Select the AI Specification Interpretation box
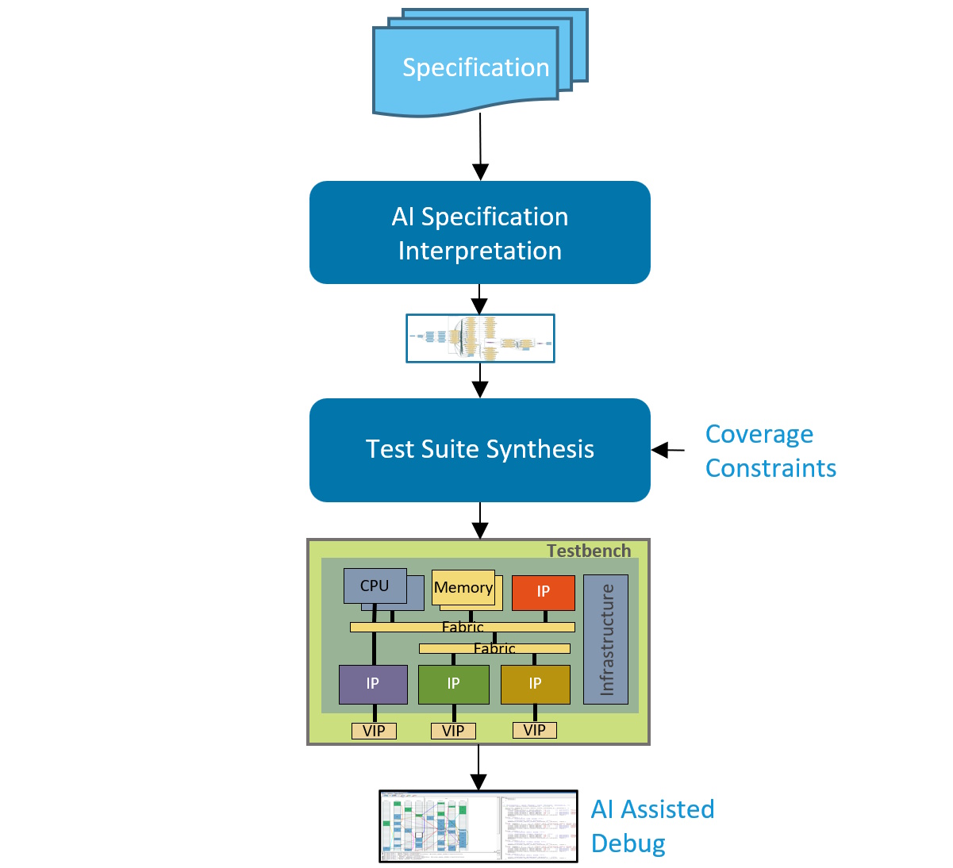pyautogui.click(x=479, y=232)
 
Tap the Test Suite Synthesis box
pyautogui.click(x=479, y=450)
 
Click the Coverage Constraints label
pyautogui.click(x=770, y=451)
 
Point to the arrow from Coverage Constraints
pyautogui.click(x=668, y=450)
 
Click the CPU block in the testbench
pyautogui.click(x=375, y=586)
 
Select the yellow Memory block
pyautogui.click(x=463, y=588)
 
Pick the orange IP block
pyautogui.click(x=543, y=592)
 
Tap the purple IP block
pyautogui.click(x=373, y=684)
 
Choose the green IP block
pyautogui.click(x=453, y=684)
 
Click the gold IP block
pyautogui.click(x=535, y=684)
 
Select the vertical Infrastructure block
pyautogui.click(x=606, y=639)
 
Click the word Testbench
pyautogui.click(x=588, y=551)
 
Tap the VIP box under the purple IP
pyautogui.click(x=374, y=731)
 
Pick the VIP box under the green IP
pyautogui.click(x=453, y=731)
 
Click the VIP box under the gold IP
pyautogui.click(x=535, y=730)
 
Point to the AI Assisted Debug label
pyautogui.click(x=652, y=826)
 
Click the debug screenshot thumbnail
pyautogui.click(x=478, y=826)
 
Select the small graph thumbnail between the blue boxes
pyautogui.click(x=480, y=339)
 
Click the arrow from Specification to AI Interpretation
pyautogui.click(x=480, y=148)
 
